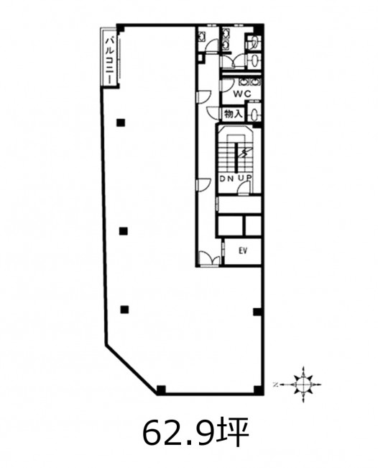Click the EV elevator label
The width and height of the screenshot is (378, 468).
(x=243, y=251)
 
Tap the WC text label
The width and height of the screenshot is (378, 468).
(x=242, y=94)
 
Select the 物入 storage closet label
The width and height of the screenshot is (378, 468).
(x=234, y=114)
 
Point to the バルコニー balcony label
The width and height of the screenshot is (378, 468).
(x=110, y=60)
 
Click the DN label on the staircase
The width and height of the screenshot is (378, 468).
(x=226, y=179)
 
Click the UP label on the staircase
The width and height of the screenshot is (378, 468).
(x=245, y=178)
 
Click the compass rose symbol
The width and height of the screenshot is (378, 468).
(x=303, y=384)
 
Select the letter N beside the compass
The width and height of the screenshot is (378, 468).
(x=275, y=384)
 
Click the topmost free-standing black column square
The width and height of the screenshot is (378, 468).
(x=121, y=122)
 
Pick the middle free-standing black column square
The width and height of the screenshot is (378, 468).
(x=124, y=231)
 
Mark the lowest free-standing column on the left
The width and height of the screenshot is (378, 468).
(x=124, y=310)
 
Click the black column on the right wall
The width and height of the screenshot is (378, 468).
(x=257, y=312)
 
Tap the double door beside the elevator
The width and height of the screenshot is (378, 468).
(x=210, y=258)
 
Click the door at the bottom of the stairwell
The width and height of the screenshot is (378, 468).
(x=244, y=189)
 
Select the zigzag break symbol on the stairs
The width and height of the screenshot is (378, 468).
(x=244, y=153)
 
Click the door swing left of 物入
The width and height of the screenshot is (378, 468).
(x=214, y=114)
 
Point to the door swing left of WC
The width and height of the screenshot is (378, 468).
(x=225, y=86)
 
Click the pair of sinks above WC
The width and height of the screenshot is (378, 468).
(x=250, y=82)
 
